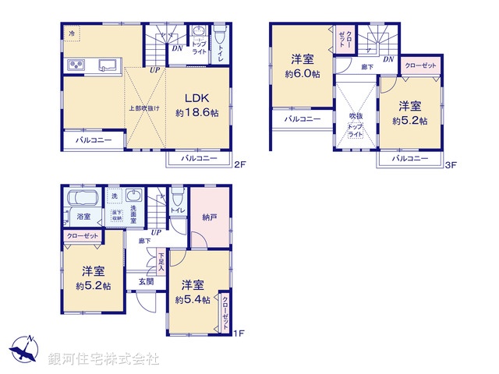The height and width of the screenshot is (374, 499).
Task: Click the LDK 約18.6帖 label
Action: coord(196,105)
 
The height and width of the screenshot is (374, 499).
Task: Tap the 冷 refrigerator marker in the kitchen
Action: coord(72,33)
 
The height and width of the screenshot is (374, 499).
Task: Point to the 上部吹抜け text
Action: coord(144,108)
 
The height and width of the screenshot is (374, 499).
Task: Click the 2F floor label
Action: coord(240,164)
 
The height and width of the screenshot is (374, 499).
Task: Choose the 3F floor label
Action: coord(450,164)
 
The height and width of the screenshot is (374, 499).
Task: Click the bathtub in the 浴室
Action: coord(82,197)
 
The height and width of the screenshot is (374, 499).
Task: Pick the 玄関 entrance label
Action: coord(146,281)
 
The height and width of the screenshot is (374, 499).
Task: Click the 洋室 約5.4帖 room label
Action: coord(192,292)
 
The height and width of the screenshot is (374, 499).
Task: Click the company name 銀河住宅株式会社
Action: coord(103,359)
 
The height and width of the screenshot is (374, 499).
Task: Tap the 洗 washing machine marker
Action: coord(114,195)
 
